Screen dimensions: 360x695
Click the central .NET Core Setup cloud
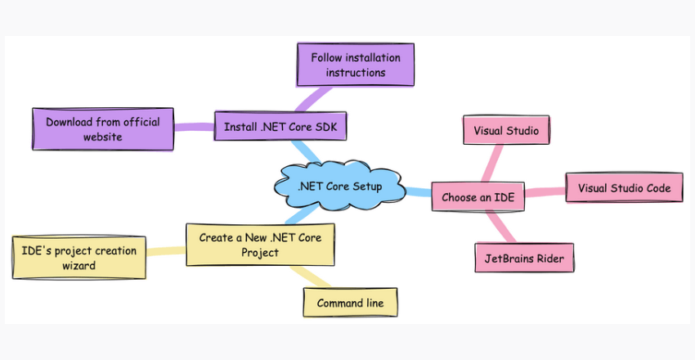(x=339, y=186)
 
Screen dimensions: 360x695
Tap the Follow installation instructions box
(x=355, y=65)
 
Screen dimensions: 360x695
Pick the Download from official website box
(x=102, y=129)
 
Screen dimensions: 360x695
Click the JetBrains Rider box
(x=524, y=258)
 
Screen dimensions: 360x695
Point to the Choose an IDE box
(x=478, y=197)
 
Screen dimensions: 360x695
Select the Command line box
(x=349, y=303)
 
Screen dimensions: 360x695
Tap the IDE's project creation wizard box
(x=79, y=257)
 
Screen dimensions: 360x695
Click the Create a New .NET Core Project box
(x=260, y=245)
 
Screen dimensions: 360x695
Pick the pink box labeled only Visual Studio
(x=506, y=129)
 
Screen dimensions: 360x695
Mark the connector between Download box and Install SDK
(x=194, y=127)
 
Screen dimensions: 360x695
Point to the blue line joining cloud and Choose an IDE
(x=418, y=192)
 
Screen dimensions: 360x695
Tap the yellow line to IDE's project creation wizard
(x=166, y=251)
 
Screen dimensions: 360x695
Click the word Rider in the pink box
(x=549, y=258)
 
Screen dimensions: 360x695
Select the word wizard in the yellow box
(x=79, y=265)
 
